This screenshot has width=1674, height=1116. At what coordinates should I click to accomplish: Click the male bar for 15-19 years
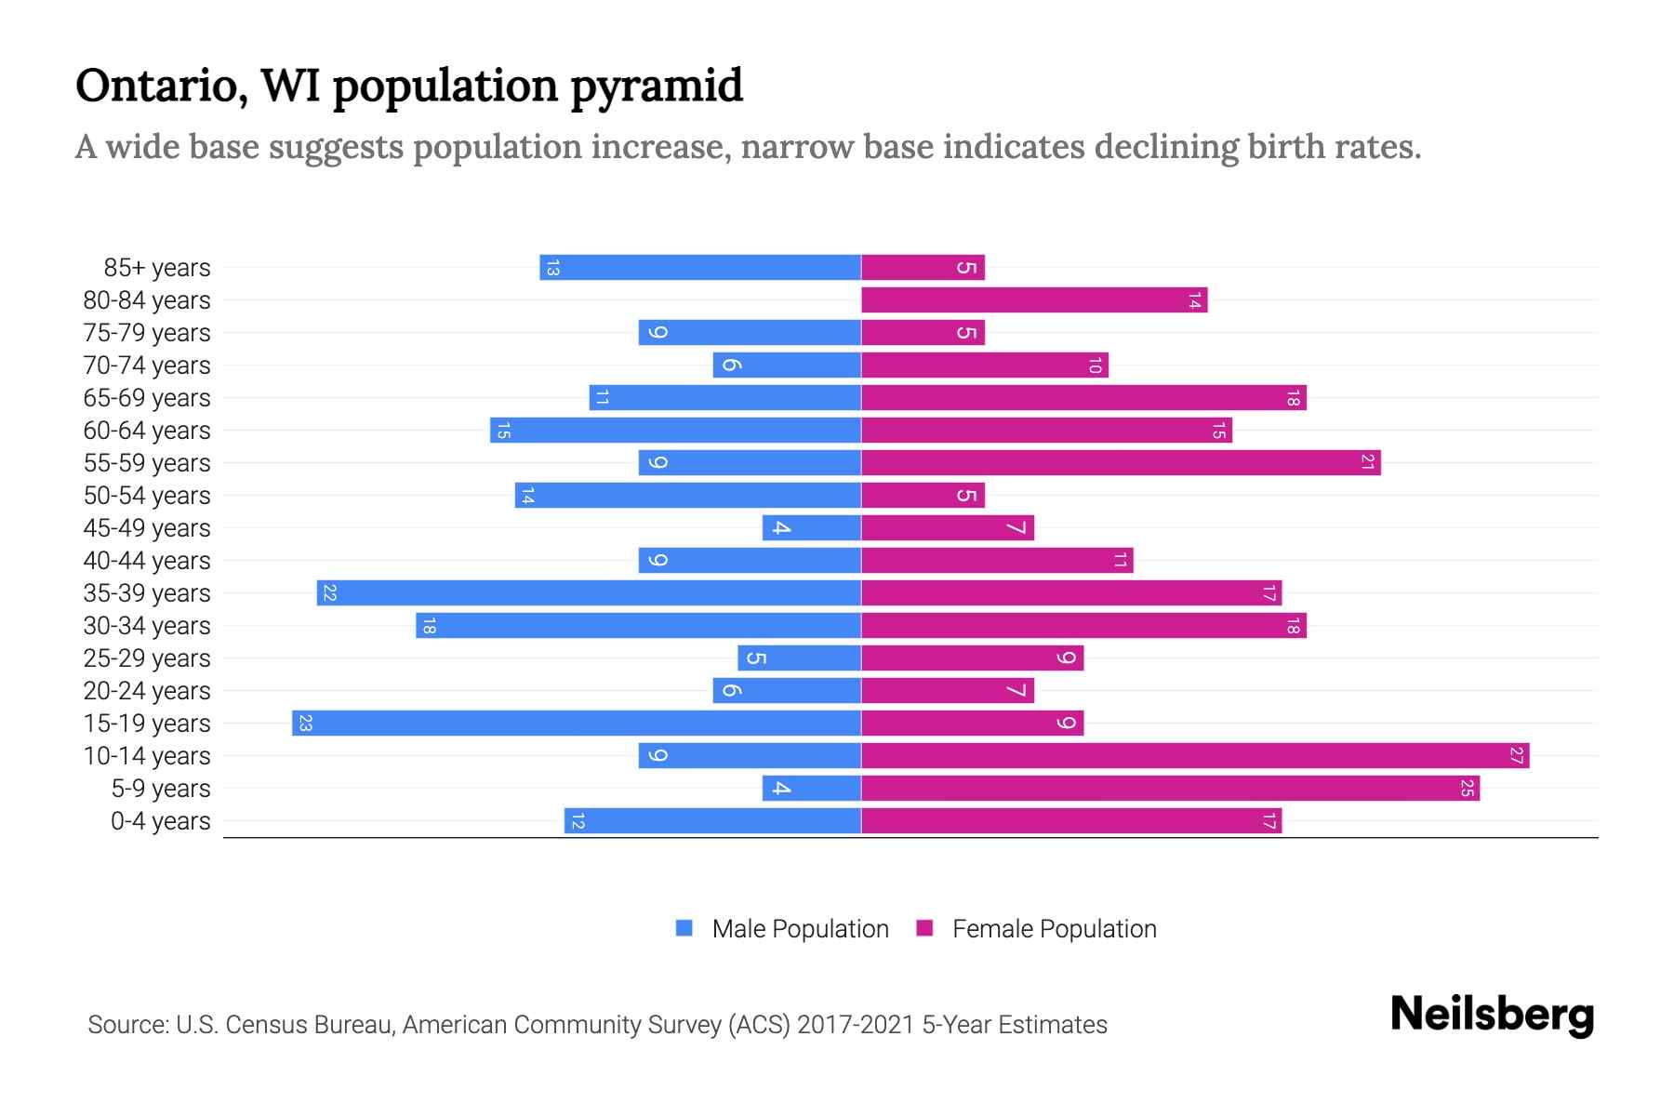pos(577,723)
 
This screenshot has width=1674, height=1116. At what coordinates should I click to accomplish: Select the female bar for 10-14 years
pos(1195,755)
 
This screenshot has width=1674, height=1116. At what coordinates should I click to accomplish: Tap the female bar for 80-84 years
pos(1034,299)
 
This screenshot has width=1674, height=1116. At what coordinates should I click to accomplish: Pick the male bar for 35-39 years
pos(589,592)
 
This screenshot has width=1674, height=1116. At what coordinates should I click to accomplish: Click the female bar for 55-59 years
pos(1121,462)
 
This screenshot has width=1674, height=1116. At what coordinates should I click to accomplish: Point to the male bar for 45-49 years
pos(812,527)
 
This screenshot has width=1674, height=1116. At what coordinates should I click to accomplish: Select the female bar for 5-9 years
pos(1170,788)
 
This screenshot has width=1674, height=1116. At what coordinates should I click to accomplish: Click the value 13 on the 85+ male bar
pos(552,268)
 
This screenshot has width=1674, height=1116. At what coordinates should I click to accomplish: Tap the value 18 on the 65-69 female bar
pos(1293,398)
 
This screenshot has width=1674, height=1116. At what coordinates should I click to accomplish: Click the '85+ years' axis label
pos(156,268)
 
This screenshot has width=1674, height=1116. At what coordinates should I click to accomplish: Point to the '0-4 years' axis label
pos(160,821)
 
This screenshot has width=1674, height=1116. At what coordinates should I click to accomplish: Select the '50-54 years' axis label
pos(147,496)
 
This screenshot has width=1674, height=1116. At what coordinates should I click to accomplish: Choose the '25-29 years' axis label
pos(147,658)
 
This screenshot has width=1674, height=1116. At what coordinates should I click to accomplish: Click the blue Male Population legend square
pos(684,928)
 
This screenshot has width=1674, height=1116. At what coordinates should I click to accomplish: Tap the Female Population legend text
pos(1054,929)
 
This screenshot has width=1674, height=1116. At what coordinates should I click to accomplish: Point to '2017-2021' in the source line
pos(856,1025)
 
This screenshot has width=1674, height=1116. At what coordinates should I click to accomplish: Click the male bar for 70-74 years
pos(787,365)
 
